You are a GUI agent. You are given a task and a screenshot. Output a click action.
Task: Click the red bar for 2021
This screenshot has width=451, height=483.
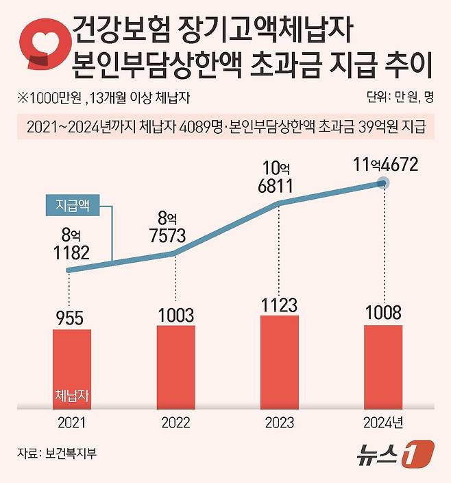[x=71, y=368]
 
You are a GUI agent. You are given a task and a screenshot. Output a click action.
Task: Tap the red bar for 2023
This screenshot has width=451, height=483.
[x=280, y=362]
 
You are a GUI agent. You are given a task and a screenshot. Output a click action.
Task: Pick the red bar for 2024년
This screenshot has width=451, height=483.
[x=383, y=366]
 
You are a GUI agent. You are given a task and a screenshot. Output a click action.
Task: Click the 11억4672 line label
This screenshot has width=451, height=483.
[x=383, y=165]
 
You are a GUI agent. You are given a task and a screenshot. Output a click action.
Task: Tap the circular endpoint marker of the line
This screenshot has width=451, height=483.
[x=385, y=183]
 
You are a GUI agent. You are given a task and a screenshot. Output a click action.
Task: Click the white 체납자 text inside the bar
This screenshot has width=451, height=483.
[x=71, y=396]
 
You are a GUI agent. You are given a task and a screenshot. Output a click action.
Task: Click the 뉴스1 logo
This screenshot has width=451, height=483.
[x=398, y=453]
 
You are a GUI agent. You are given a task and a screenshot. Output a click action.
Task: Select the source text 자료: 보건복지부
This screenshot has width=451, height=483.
[x=58, y=453]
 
